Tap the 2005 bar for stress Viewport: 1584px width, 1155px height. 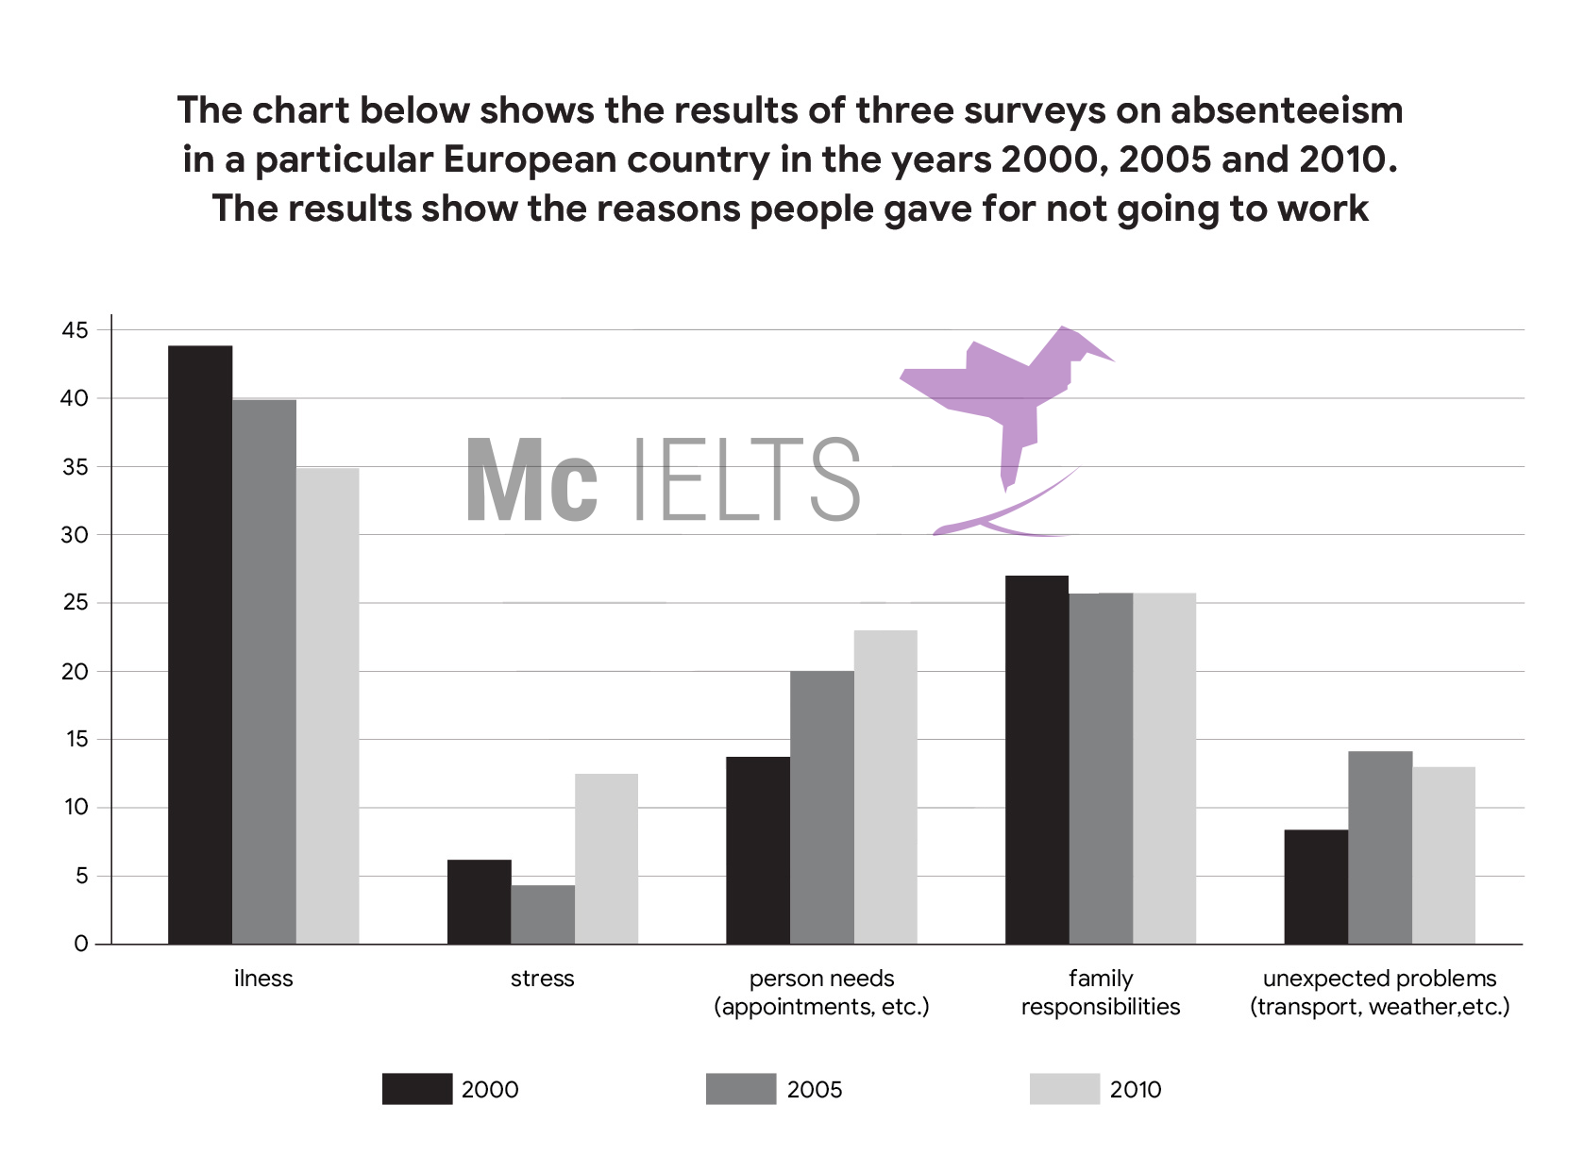(x=543, y=914)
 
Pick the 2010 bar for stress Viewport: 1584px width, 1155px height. (x=606, y=859)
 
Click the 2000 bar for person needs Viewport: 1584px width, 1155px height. (x=758, y=850)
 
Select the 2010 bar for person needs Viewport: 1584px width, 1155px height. (x=885, y=787)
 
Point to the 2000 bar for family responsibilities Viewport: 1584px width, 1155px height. (x=1036, y=760)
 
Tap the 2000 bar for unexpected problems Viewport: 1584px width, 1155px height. (x=1316, y=887)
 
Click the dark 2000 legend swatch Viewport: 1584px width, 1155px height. (x=417, y=1089)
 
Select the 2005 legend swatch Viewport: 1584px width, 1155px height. (x=741, y=1089)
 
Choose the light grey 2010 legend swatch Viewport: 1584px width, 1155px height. (x=1065, y=1089)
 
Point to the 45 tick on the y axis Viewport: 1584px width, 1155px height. (x=76, y=330)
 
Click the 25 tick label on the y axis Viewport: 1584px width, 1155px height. (x=76, y=603)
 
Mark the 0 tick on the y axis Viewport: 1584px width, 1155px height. (x=81, y=944)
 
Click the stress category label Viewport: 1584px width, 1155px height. (x=543, y=979)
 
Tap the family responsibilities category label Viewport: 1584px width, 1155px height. (x=1101, y=993)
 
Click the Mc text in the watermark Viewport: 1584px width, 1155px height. (x=532, y=480)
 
